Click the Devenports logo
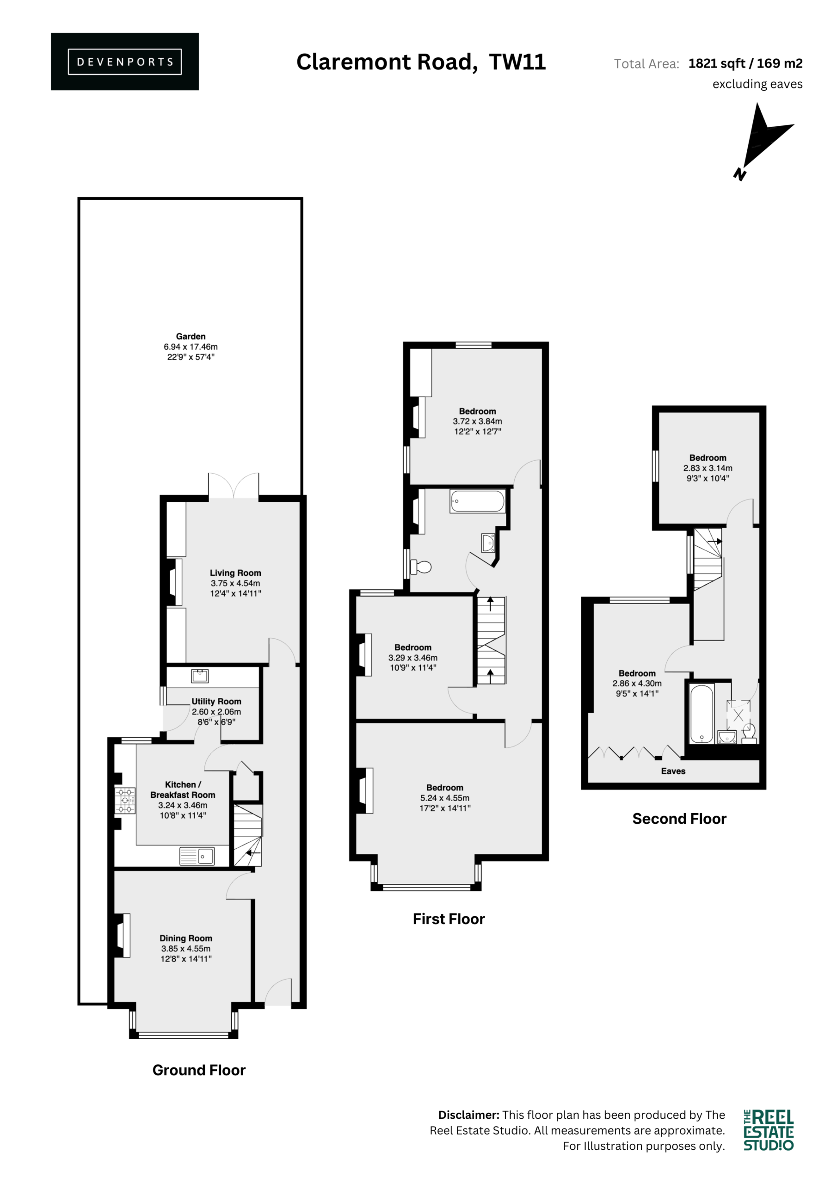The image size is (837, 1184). tap(125, 62)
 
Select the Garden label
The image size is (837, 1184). tap(191, 336)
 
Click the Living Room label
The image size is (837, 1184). tap(235, 573)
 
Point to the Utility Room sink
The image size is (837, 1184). tap(200, 676)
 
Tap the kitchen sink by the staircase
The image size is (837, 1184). tap(197, 857)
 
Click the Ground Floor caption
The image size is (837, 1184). tap(199, 1070)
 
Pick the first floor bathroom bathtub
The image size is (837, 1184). tap(477, 501)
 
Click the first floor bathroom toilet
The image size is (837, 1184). tap(421, 567)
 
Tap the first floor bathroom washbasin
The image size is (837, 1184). tap(488, 543)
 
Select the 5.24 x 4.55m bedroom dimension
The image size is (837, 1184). tap(444, 798)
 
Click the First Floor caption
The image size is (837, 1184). tap(449, 919)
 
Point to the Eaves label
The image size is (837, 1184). tap(673, 771)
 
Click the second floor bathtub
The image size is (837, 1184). tap(702, 714)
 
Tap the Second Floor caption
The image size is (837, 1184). tap(679, 819)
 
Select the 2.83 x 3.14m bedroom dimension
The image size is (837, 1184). tap(708, 468)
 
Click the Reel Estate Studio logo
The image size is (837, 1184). tap(769, 1131)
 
